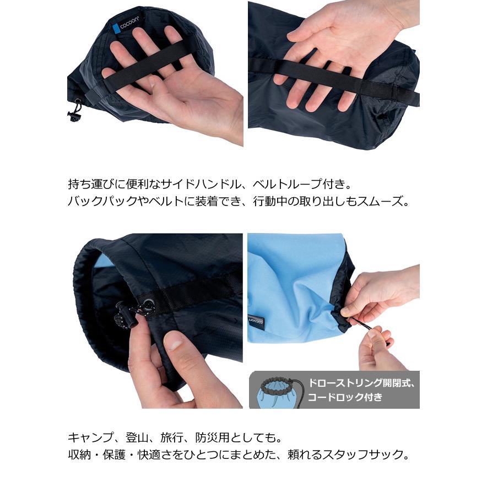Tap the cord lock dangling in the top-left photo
coord(73,113)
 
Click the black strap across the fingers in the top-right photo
coord(331,78)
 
